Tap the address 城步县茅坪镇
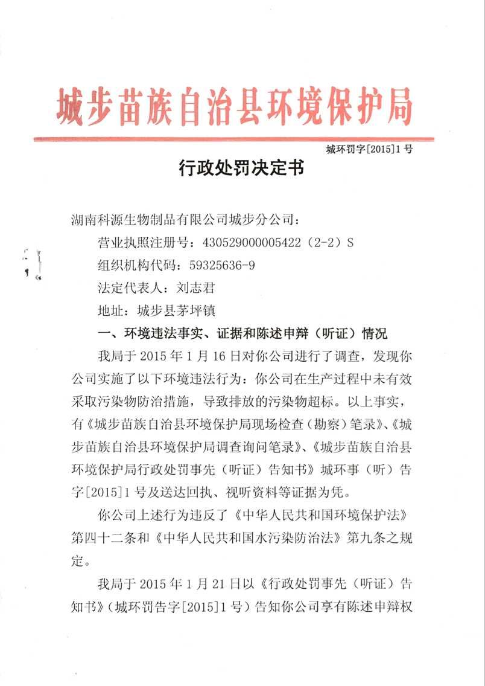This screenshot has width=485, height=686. point(172,311)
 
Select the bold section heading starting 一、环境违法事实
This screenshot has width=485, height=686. point(241,333)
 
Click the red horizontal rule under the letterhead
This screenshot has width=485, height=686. point(233,139)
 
